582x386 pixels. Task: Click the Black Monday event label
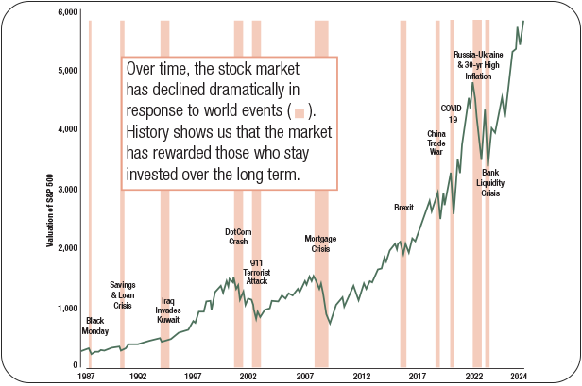click(94, 326)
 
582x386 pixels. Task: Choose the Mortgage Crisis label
click(321, 243)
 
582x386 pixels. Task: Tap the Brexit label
click(404, 208)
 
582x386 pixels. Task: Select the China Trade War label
click(436, 143)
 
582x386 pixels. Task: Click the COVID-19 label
click(453, 113)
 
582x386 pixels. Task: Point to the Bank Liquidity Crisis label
click(490, 182)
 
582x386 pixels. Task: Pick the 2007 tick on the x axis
click(305, 376)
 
